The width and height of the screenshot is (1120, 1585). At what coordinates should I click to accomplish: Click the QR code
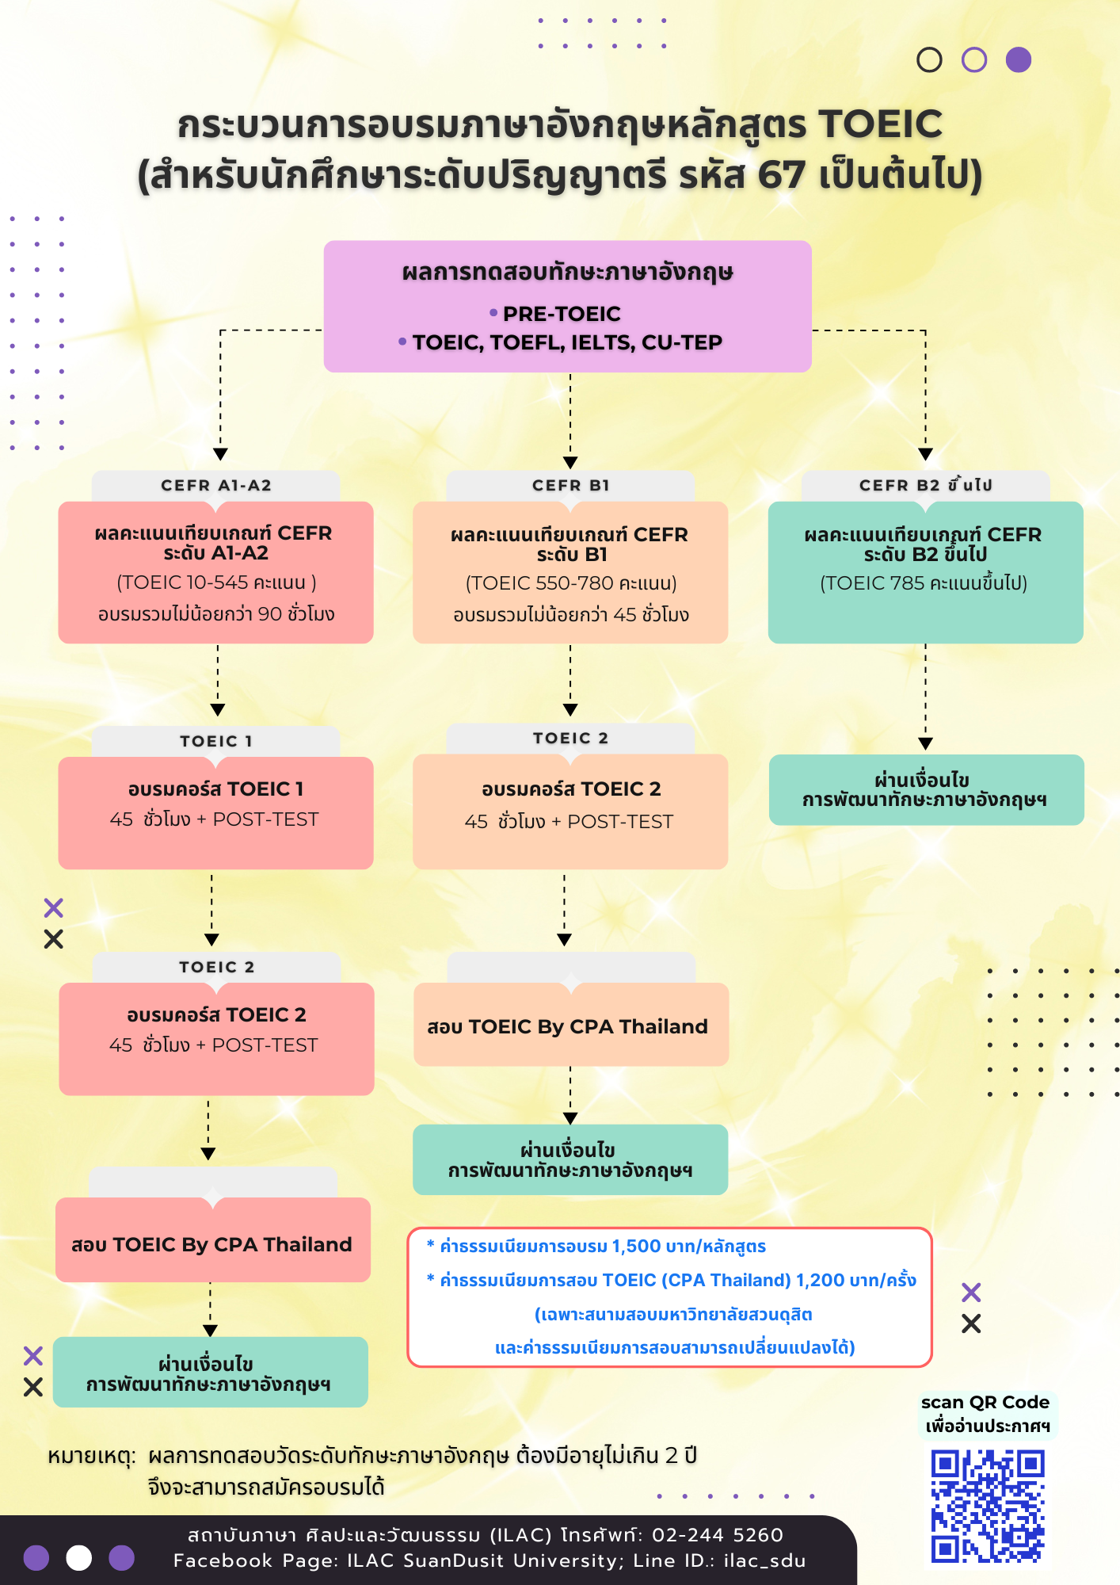point(988,1506)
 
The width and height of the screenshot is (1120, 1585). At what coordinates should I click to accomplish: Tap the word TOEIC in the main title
point(880,124)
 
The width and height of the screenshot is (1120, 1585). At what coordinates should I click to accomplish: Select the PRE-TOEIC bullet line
point(555,314)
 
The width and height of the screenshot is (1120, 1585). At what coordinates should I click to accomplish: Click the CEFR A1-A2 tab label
point(216,485)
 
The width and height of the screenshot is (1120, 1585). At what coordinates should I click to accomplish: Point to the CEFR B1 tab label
point(571,485)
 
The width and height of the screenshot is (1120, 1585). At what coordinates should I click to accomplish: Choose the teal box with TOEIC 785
point(925,572)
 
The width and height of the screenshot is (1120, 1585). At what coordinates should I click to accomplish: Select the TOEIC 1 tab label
point(216,741)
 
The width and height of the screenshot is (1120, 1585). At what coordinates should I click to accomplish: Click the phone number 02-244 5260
point(718,1535)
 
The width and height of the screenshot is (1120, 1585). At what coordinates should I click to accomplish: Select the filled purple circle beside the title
point(1019,60)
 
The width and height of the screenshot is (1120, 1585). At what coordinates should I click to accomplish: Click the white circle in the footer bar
point(78,1557)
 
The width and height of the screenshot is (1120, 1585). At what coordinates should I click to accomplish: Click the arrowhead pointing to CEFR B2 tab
point(925,454)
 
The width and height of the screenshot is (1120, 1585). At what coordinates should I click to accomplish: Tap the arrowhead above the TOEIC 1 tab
point(218,710)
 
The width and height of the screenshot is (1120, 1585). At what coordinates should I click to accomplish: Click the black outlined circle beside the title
point(929,60)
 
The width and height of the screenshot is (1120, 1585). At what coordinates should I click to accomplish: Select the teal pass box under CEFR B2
point(926,789)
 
